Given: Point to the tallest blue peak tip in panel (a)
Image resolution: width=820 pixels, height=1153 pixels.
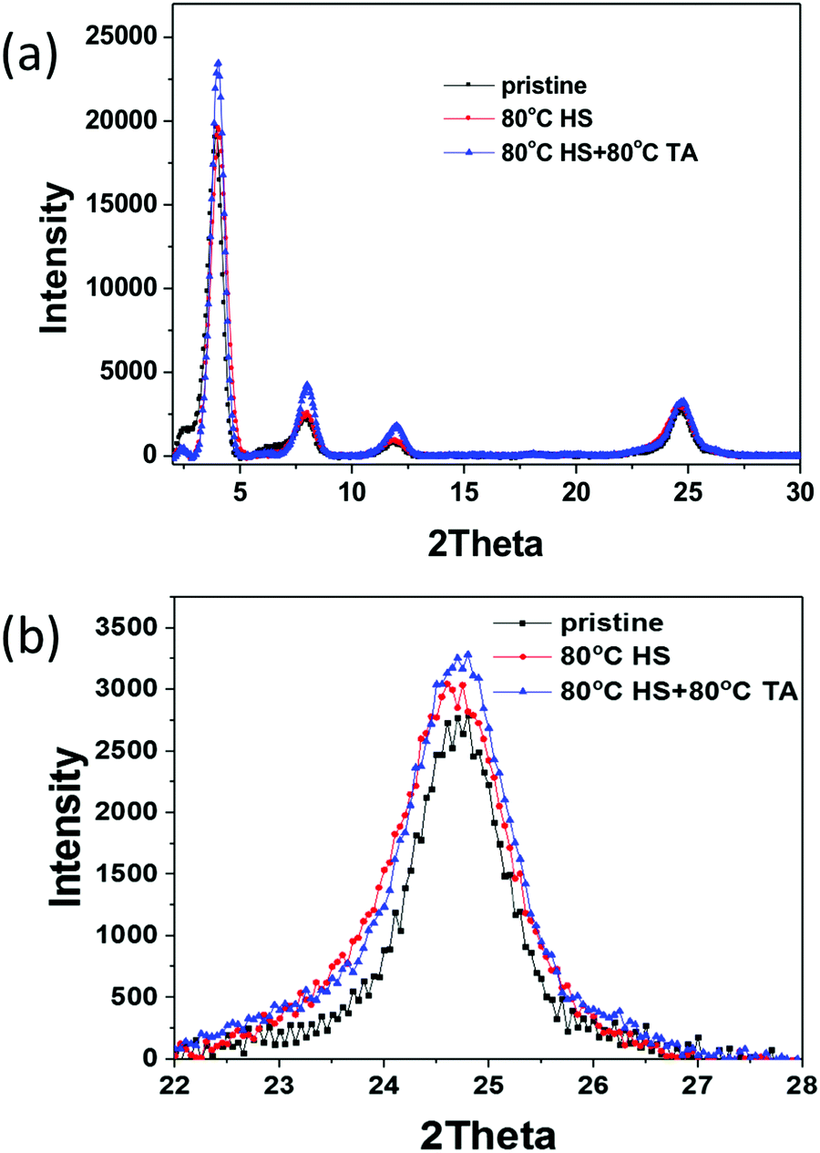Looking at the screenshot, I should (218, 62).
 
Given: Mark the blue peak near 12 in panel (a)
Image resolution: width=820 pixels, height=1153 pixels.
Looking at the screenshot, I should (396, 426).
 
